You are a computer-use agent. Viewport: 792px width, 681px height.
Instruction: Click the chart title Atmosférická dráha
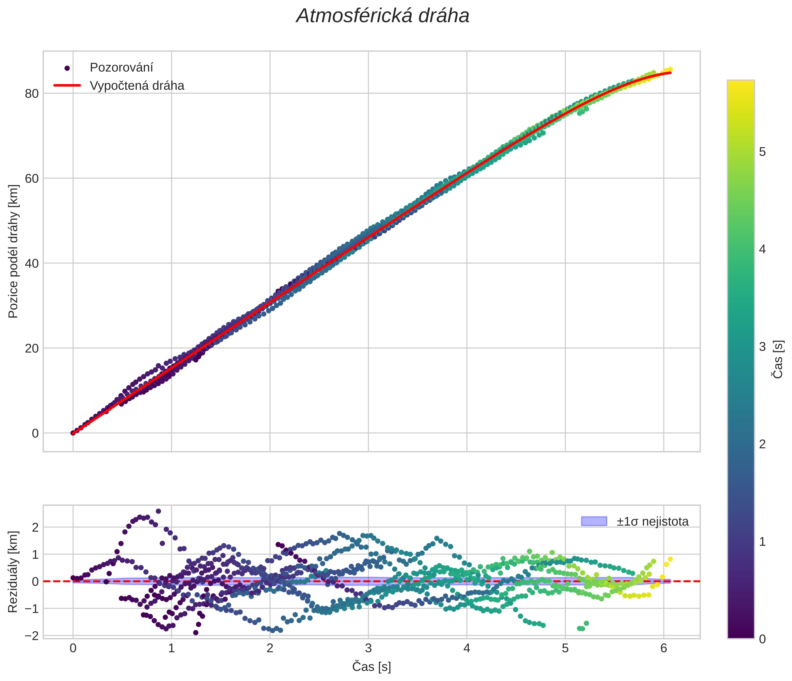[x=383, y=16]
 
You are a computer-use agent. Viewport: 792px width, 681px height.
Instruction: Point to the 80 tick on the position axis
[x=32, y=93]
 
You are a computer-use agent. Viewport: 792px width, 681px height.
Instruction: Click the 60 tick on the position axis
[x=32, y=178]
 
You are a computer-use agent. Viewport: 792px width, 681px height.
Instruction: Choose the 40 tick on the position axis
[x=32, y=263]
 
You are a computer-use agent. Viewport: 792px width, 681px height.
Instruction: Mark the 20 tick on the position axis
[x=32, y=348]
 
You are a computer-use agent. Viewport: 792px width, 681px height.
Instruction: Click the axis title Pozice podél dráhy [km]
[x=13, y=251]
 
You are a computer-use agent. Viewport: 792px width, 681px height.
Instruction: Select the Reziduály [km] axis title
[x=13, y=572]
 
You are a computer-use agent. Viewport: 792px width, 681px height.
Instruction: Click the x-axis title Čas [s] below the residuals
[x=372, y=667]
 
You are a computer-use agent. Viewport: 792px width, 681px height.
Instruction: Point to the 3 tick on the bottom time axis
[x=368, y=648]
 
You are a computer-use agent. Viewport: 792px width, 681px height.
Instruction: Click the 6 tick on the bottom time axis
[x=664, y=648]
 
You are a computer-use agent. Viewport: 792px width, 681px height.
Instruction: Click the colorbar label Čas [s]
[x=778, y=359]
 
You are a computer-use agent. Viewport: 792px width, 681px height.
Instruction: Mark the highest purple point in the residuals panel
[x=158, y=511]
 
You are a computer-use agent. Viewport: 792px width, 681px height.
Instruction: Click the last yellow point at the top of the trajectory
[x=670, y=69]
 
